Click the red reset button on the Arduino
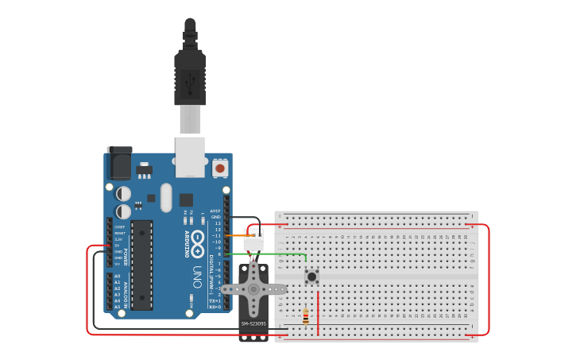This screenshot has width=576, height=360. (x=220, y=168)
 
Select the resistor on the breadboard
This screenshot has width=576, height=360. (x=306, y=317)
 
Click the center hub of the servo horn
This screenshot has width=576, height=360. (x=254, y=289)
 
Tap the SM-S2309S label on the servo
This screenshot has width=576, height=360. (x=253, y=323)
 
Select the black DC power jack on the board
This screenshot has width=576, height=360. (x=119, y=165)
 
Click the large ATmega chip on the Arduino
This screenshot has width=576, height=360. (x=141, y=265)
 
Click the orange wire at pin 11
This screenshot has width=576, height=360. (x=238, y=236)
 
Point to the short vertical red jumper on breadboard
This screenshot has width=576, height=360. (x=318, y=314)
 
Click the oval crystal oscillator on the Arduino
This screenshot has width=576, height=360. (x=165, y=198)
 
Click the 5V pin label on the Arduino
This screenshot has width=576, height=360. (x=118, y=245)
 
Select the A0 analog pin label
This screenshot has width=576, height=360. (x=118, y=277)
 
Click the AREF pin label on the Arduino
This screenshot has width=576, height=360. (x=215, y=211)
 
